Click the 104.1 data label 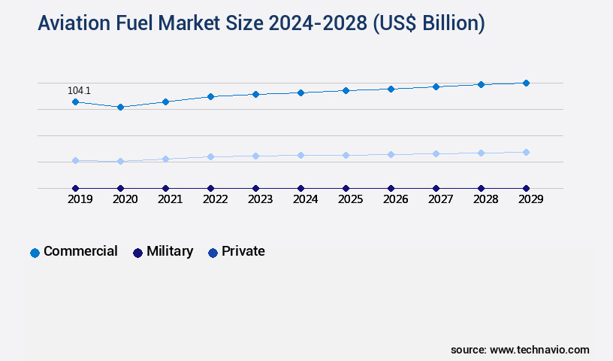pyautogui.click(x=79, y=91)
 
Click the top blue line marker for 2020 pyautogui.click(x=120, y=107)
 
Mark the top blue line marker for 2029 pyautogui.click(x=526, y=83)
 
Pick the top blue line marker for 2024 pyautogui.click(x=300, y=93)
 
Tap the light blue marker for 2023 pyautogui.click(x=255, y=156)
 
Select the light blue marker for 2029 pyautogui.click(x=526, y=152)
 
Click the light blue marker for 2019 pyautogui.click(x=75, y=160)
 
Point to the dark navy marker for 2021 pyautogui.click(x=165, y=188)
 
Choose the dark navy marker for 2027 pyautogui.click(x=436, y=188)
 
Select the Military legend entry pyautogui.click(x=163, y=252)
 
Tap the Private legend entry pyautogui.click(x=236, y=252)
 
